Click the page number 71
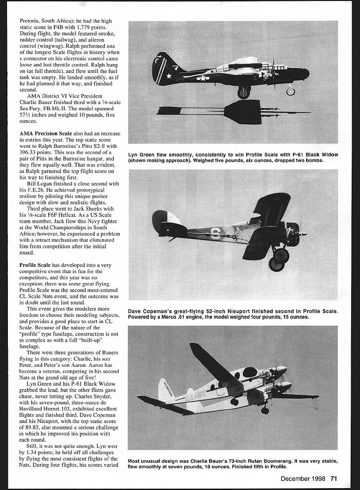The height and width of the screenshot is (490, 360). pos(334,478)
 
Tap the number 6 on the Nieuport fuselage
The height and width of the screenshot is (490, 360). pos(215,233)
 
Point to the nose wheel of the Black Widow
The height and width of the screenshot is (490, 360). pos(290,91)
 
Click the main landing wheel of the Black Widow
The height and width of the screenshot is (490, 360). pos(243,93)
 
